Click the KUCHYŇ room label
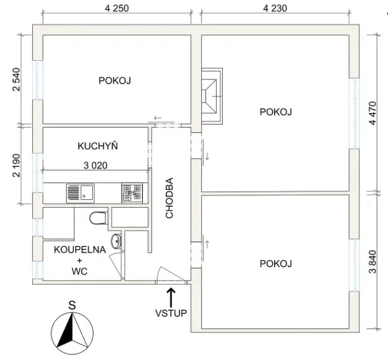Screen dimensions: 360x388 (97, 145)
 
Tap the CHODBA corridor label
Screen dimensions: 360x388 (170, 198)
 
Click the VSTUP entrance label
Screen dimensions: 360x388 (171, 313)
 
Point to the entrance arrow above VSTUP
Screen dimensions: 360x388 (171, 295)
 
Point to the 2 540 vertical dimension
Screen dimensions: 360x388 (16, 79)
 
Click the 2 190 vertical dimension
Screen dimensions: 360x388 (16, 165)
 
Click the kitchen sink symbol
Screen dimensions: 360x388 (79, 192)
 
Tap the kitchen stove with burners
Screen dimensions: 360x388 (131, 192)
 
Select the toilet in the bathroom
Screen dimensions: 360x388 (98, 218)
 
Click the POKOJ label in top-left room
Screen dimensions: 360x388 (115, 80)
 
